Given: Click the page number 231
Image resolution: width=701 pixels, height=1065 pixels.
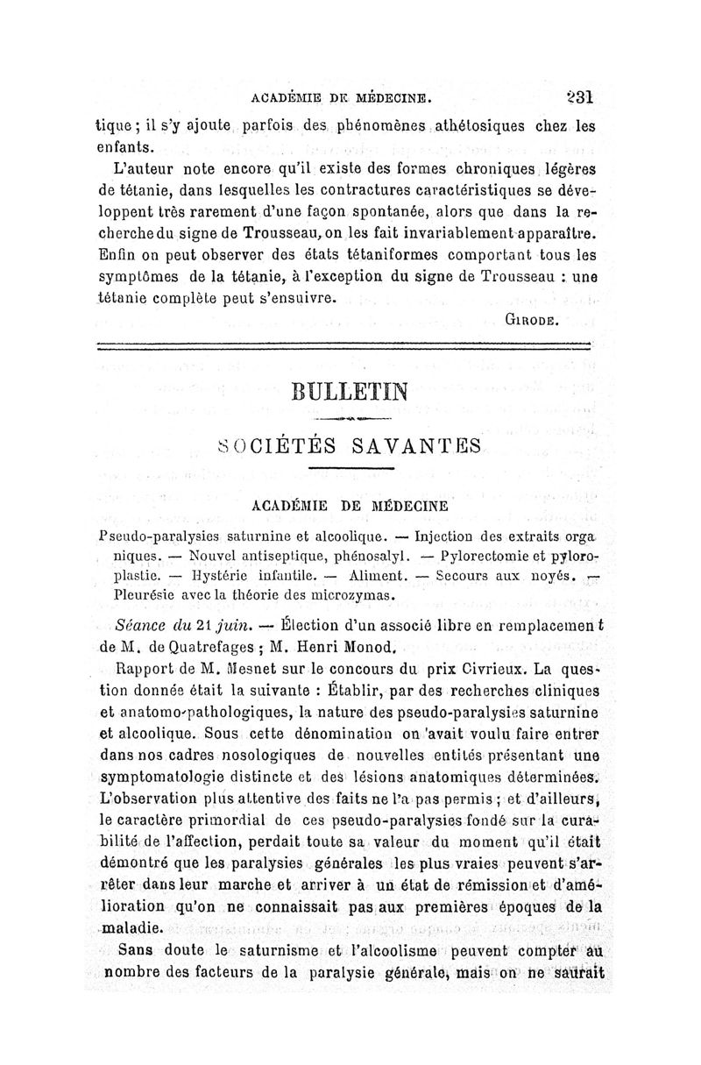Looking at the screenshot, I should [580, 96].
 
